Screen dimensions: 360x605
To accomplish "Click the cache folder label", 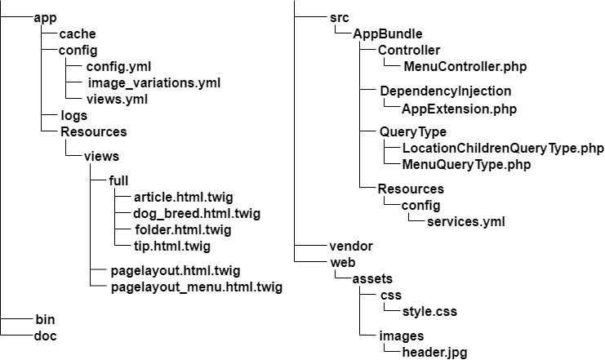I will (78, 33).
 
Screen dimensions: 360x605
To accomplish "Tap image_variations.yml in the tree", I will (153, 82).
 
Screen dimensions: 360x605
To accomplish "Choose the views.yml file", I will (117, 99).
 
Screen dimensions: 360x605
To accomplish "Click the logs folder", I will (74, 115).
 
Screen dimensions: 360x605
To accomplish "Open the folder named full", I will (119, 180).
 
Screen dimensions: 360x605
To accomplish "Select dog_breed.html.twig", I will (185, 213).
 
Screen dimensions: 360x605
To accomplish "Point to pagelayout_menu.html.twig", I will (196, 287).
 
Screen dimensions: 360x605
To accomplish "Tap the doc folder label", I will (46, 336).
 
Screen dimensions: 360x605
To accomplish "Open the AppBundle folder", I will (387, 33).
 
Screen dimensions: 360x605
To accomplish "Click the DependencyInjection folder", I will (446, 91).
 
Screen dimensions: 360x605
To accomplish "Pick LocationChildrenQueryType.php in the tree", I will (503, 148).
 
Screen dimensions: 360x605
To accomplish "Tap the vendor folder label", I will (351, 246).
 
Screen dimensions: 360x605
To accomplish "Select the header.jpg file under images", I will (434, 352).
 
